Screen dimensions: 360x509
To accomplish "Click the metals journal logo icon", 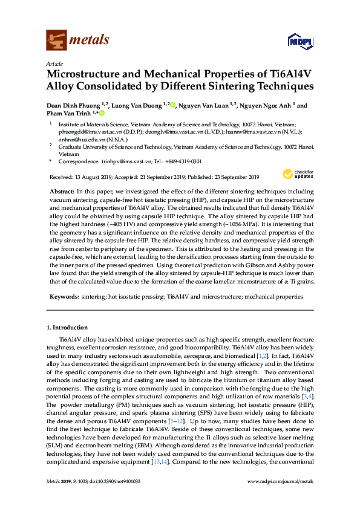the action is (x=56, y=41).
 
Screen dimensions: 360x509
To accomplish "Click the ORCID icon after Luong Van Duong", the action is (x=172, y=105).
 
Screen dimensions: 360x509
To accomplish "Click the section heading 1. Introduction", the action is (x=67, y=328).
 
